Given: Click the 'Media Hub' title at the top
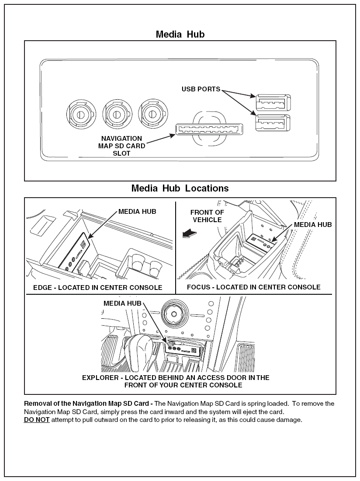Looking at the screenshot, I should (180, 34).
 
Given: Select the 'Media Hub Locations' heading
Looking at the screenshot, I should (180, 188).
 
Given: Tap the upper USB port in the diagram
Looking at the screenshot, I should (271, 103).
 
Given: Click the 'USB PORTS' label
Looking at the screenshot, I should (201, 89).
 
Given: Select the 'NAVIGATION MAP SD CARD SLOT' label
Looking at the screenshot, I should (121, 146).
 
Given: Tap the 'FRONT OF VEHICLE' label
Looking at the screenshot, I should (207, 216).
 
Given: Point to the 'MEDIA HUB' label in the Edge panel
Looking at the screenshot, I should (137, 212).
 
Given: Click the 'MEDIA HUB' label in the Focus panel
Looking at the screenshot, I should (313, 225).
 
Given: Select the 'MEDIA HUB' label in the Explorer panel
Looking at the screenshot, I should (122, 303).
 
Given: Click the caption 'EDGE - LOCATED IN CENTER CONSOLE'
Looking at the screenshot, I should (98, 288).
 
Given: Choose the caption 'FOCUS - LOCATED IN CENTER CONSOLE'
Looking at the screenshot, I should (253, 287).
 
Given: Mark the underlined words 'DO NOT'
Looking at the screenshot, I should (37, 420).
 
